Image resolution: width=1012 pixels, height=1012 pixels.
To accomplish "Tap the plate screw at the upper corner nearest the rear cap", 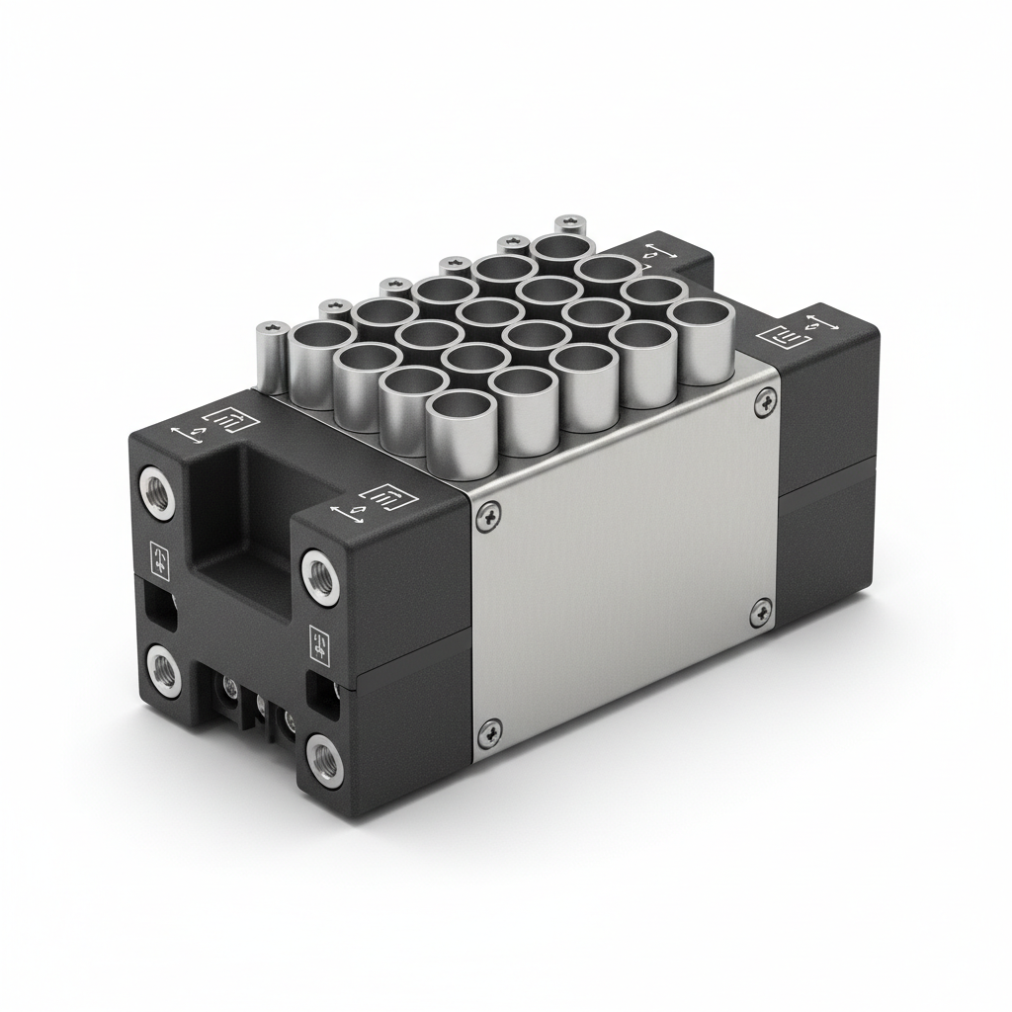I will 764,400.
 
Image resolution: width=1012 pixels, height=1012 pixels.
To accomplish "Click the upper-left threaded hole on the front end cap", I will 154,488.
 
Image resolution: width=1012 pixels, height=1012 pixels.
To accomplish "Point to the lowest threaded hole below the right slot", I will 322,758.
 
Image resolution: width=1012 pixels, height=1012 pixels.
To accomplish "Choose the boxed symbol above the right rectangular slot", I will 318,643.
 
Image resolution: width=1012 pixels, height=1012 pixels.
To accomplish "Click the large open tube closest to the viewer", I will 461,432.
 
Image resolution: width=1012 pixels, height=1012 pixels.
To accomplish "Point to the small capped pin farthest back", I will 570,225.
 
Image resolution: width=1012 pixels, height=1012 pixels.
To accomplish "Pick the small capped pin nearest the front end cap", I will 270,359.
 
